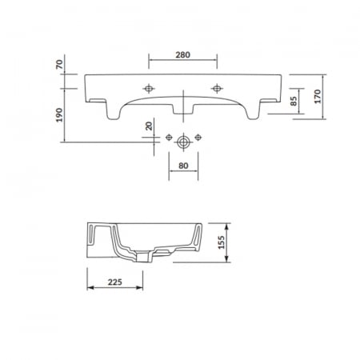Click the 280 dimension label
(182, 55)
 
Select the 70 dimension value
(59, 64)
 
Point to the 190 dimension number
(59, 115)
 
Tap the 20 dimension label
(149, 126)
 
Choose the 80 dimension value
(183, 166)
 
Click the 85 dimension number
(294, 101)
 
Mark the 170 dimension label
(318, 97)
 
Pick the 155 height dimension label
(222, 242)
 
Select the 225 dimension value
(115, 282)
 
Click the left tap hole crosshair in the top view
(149, 88)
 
